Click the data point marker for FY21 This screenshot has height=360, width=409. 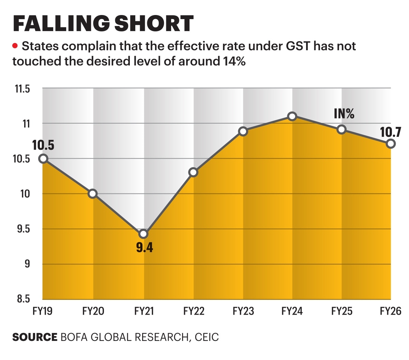[143, 234]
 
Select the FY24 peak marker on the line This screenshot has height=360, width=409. [292, 116]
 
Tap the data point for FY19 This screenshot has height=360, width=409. [43, 158]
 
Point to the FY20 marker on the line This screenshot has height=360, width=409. [92, 194]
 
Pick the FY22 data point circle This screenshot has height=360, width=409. [193, 172]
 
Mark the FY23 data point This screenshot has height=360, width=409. [243, 131]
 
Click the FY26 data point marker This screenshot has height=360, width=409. [391, 144]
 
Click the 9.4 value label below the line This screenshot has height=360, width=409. [145, 247]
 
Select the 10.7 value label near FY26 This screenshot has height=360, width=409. [391, 132]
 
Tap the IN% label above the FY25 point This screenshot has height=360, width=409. [344, 114]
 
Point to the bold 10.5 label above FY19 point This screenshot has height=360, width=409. [43, 145]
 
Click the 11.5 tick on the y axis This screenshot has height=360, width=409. [22, 89]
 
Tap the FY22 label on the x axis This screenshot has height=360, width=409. [194, 311]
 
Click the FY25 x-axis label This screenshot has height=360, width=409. [342, 311]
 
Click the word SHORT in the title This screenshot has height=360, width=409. [154, 24]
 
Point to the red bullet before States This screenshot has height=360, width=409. [15, 46]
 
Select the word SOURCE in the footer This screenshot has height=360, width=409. [35, 337]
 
